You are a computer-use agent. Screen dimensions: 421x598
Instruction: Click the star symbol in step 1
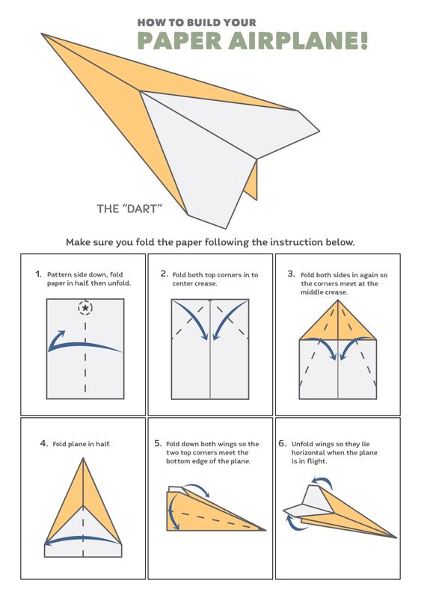tap(85, 307)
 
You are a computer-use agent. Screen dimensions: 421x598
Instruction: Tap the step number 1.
tap(38, 274)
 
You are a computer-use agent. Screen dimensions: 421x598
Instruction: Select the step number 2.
tap(164, 274)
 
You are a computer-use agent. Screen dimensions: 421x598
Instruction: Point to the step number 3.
tap(291, 274)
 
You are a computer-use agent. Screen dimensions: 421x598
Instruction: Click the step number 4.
tap(44, 443)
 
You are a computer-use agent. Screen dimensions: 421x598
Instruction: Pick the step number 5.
tap(158, 443)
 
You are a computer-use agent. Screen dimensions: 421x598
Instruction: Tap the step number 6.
tap(282, 443)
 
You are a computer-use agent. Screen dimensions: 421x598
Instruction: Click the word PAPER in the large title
tap(179, 41)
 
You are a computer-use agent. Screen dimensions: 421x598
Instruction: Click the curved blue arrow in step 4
tap(82, 538)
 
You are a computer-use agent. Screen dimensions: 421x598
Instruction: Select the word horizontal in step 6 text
tap(308, 453)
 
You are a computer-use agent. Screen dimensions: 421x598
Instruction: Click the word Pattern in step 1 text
tap(58, 274)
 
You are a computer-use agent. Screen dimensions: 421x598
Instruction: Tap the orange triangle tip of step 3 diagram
tap(338, 300)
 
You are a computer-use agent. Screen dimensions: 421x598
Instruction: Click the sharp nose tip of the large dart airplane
tap(42, 34)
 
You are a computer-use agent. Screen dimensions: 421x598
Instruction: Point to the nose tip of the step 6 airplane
tap(396, 537)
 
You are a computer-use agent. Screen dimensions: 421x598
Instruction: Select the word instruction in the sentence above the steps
tap(297, 242)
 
